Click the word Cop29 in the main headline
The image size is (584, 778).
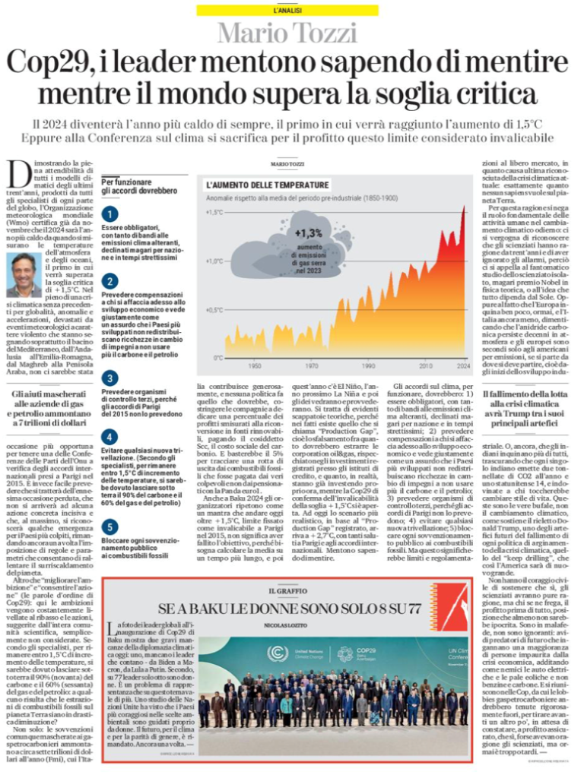(52, 64)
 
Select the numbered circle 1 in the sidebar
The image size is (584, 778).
(110, 215)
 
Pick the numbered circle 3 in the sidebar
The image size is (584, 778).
(110, 378)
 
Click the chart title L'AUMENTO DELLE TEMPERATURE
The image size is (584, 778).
(268, 185)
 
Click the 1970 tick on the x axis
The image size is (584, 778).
(312, 365)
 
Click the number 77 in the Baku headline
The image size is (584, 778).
(409, 609)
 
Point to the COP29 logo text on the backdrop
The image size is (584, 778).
(367, 652)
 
